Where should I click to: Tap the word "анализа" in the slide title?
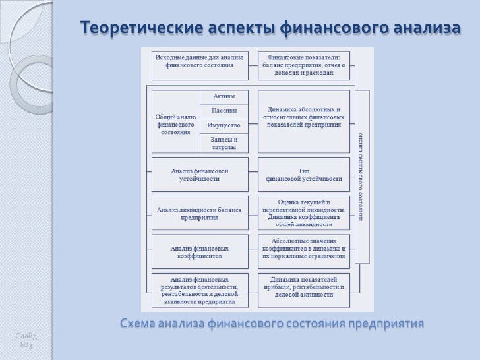(425, 28)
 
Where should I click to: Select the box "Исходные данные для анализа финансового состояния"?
(199, 61)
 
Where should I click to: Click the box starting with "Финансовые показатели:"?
(303, 65)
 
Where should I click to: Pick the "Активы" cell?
(224, 96)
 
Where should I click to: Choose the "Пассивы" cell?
(224, 111)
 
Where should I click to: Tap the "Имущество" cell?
(224, 125)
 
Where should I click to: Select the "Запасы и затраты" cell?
(224, 143)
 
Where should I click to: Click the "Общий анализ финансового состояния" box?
(175, 121)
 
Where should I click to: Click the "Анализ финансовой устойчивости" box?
(199, 174)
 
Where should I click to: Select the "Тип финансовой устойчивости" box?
(303, 174)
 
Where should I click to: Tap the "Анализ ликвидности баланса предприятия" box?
(199, 213)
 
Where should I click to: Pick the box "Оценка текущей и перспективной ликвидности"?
(303, 212)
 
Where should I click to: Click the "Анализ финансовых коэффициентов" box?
(199, 252)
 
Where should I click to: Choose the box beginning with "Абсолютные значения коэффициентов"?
(303, 251)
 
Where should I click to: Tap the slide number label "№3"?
(26, 345)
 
